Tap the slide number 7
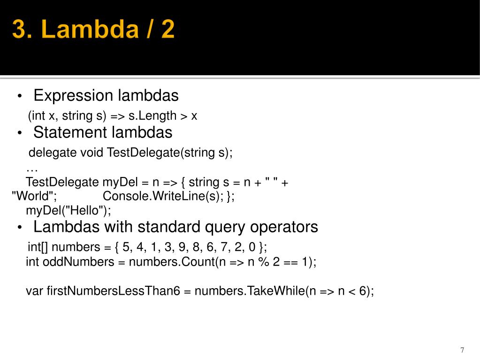coord(462,350)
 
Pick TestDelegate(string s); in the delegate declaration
coord(169,153)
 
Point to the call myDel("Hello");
coord(69,211)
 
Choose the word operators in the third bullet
coord(284,227)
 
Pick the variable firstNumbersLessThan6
coord(113,291)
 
